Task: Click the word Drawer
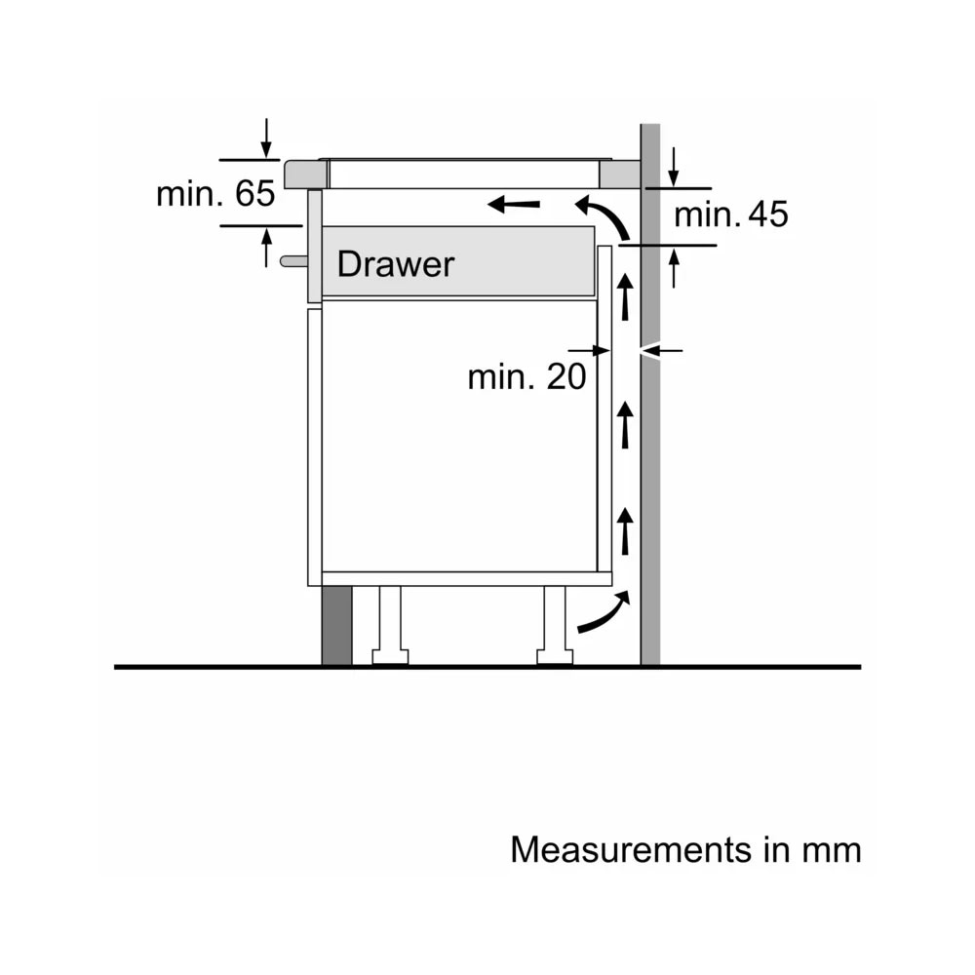click(396, 264)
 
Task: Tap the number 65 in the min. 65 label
click(254, 193)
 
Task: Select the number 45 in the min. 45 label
click(768, 214)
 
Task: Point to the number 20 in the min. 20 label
click(565, 376)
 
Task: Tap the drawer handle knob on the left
click(293, 261)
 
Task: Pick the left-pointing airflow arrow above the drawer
click(514, 204)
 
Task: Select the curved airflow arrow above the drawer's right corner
click(606, 215)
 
